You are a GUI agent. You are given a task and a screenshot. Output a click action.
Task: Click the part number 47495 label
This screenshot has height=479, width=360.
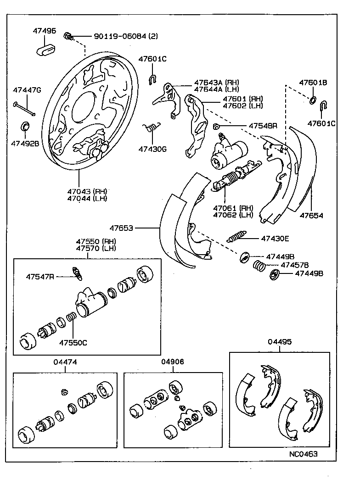pyautogui.click(x=44, y=31)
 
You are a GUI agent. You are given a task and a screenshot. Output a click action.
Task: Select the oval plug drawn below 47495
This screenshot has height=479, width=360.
pyautogui.click(x=45, y=48)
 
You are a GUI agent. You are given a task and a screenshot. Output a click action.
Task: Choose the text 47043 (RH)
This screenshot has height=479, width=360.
pyautogui.click(x=87, y=191)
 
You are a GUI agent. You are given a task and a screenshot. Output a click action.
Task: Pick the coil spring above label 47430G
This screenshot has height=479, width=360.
pyautogui.click(x=152, y=128)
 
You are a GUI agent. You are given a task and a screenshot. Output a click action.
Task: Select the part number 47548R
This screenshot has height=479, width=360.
pyautogui.click(x=263, y=125)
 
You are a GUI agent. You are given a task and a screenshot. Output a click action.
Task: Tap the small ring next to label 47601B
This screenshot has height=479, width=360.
pyautogui.click(x=312, y=100)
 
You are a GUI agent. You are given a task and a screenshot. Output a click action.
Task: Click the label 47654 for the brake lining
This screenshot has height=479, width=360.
pyautogui.click(x=312, y=215)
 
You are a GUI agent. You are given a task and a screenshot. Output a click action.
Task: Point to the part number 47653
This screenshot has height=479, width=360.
pyautogui.click(x=121, y=228)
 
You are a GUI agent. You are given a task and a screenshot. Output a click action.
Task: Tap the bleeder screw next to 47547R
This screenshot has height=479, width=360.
pyautogui.click(x=77, y=273)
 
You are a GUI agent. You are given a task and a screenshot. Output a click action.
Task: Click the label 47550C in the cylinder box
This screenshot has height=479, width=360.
pyautogui.click(x=73, y=342)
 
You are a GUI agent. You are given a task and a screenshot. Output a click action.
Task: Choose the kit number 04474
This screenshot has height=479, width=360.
pyautogui.click(x=65, y=362)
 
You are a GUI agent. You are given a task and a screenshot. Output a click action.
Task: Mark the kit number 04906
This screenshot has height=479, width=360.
pyautogui.click(x=173, y=362)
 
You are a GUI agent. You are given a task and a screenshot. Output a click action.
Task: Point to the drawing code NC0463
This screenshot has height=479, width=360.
pyautogui.click(x=303, y=454)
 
